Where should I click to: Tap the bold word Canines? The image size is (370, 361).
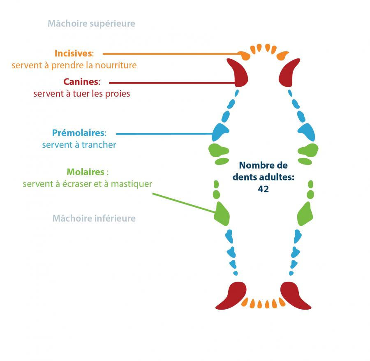(x=81, y=81)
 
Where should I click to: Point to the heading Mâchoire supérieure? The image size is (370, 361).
(x=91, y=23)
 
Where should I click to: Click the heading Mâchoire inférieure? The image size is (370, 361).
(x=94, y=218)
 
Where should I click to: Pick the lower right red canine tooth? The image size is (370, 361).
(x=294, y=296)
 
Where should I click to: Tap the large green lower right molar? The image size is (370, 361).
(x=305, y=214)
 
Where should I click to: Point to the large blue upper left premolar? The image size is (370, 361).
(x=220, y=132)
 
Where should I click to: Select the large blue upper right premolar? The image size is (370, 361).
(x=307, y=132)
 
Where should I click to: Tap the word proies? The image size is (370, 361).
(x=118, y=94)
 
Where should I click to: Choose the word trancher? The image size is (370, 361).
(x=100, y=145)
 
